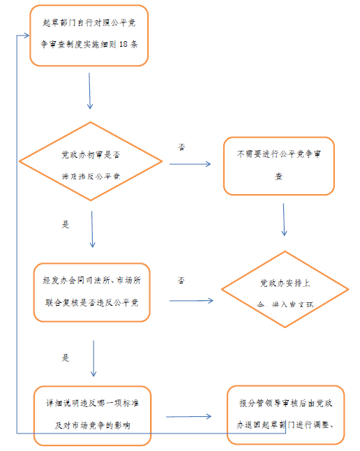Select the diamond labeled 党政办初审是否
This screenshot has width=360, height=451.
click(x=91, y=165)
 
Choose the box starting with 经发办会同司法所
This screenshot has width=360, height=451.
click(x=91, y=292)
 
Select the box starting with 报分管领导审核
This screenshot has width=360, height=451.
click(x=286, y=415)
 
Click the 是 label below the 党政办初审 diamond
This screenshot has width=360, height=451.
click(x=66, y=225)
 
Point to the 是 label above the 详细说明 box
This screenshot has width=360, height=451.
click(x=66, y=357)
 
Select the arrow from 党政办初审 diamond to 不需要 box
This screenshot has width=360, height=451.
click(x=190, y=165)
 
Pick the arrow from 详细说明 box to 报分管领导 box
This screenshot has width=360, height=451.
click(x=190, y=417)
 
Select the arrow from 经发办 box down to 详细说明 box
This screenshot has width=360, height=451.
click(x=93, y=357)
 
